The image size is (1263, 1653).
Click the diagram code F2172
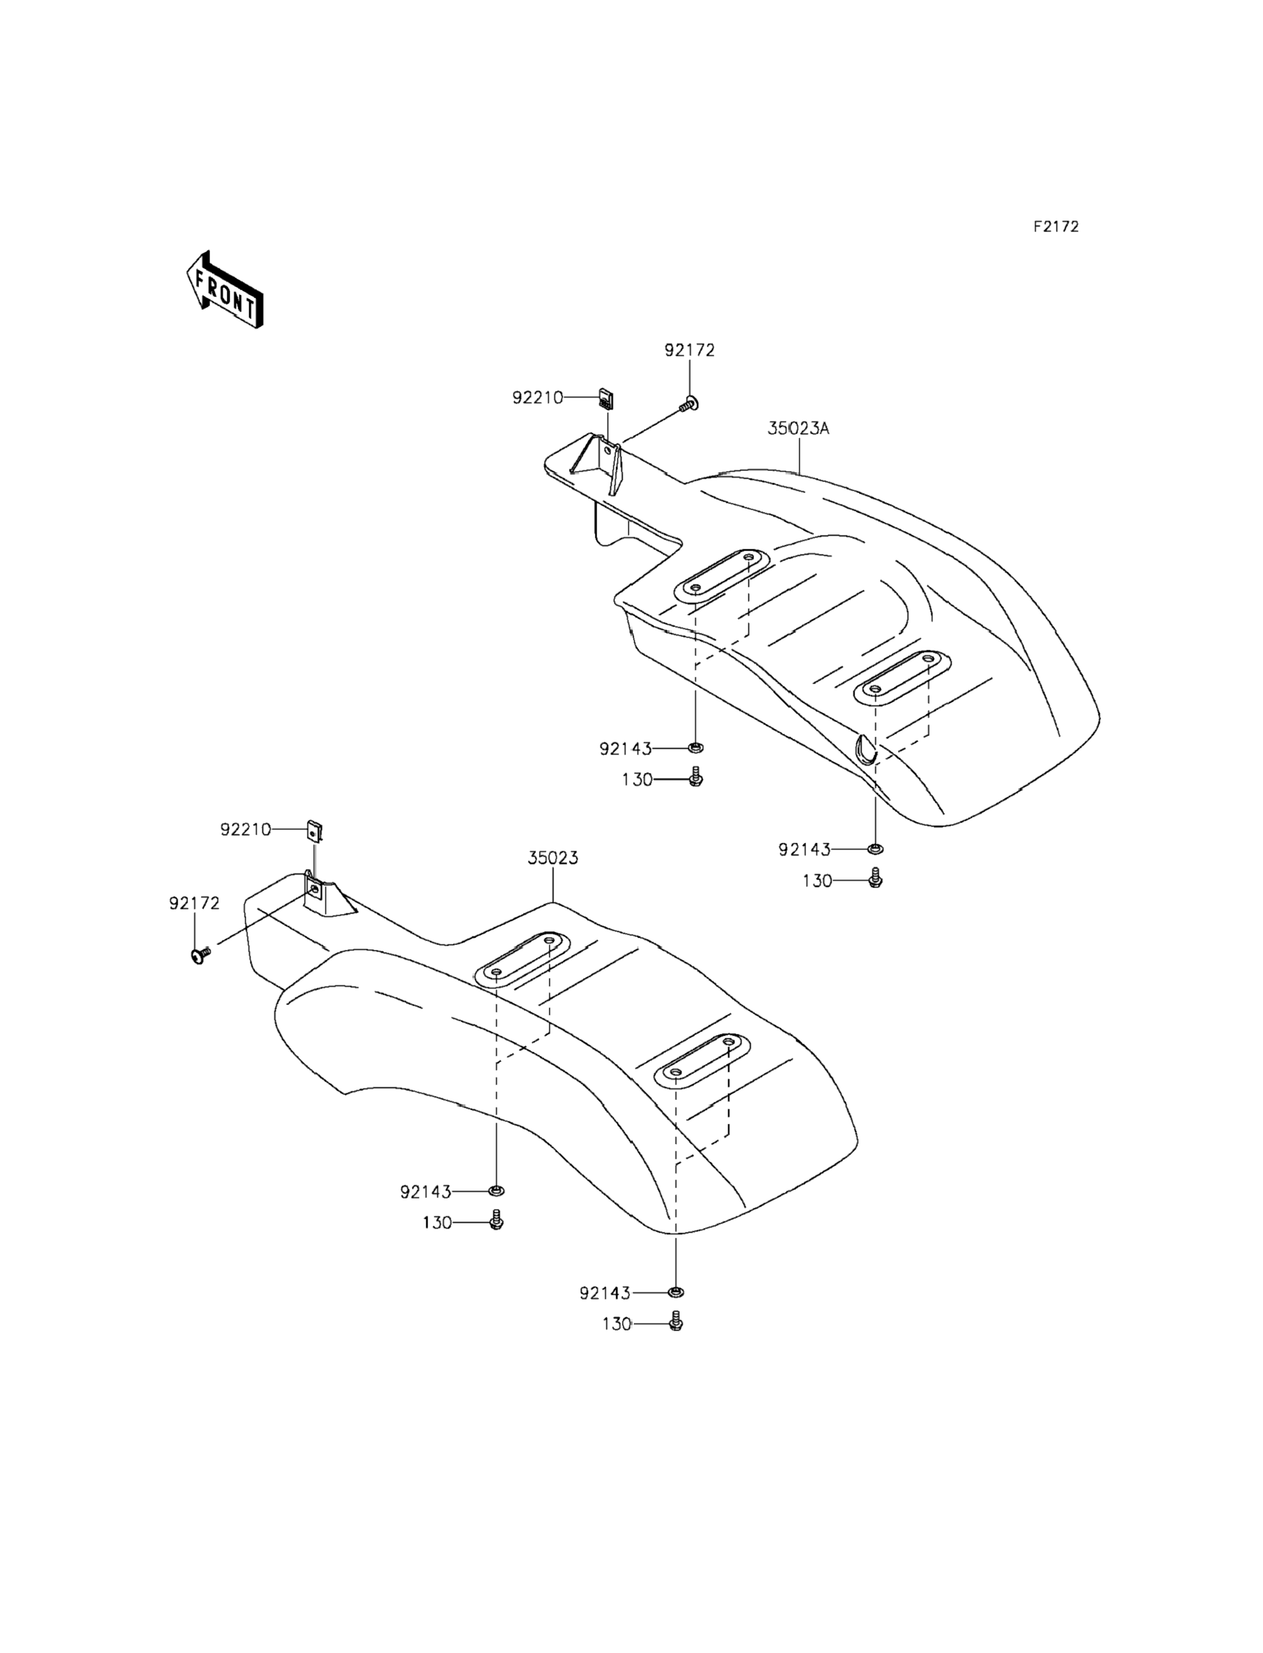(1055, 226)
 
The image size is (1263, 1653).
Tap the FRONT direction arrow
(224, 290)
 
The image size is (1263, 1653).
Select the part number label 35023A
(797, 429)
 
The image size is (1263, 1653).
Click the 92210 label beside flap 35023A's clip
(538, 397)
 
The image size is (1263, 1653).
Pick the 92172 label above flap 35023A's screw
(688, 350)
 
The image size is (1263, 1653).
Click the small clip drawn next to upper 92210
(606, 397)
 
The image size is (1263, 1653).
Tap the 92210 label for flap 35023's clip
(246, 829)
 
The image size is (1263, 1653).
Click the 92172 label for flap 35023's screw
(194, 903)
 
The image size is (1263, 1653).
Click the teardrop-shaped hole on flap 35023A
(865, 748)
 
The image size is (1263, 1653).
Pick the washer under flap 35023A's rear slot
(875, 849)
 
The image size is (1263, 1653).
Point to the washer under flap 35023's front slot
(496, 1191)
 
